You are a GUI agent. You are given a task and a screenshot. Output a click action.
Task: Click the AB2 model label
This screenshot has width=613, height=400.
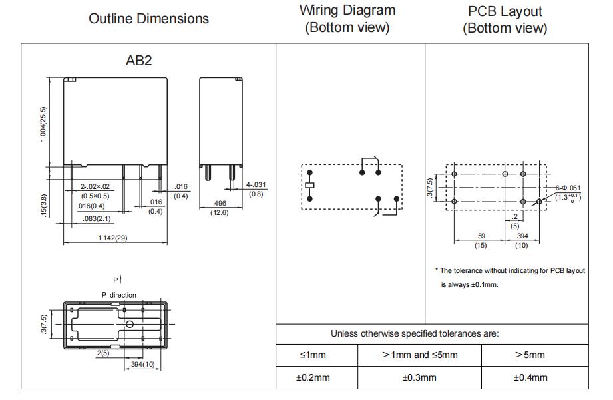coord(138,60)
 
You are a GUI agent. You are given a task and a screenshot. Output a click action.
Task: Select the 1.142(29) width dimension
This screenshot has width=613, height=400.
coord(112,238)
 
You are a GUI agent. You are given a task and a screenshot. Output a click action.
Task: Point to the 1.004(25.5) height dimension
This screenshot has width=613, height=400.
coord(43,124)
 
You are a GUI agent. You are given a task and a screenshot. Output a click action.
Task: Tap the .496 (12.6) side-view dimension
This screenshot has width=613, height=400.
coord(220,208)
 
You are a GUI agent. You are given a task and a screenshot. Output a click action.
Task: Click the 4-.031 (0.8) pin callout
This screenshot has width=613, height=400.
coord(256,189)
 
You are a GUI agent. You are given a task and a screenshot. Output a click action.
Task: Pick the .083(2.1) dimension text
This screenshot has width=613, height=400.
coord(97,218)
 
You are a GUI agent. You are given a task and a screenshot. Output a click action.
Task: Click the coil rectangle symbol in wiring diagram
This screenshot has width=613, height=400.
coord(310,185)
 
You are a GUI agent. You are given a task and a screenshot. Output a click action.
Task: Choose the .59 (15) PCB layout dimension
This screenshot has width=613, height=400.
coord(481,240)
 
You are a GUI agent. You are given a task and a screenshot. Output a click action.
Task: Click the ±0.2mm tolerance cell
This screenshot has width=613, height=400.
coord(313,378)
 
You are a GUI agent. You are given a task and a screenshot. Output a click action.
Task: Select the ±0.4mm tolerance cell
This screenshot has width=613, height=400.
coord(530,378)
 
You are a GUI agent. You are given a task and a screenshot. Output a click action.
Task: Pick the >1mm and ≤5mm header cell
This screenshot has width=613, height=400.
coord(419,355)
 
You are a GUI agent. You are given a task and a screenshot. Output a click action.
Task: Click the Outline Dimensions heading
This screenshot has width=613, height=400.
coord(148,19)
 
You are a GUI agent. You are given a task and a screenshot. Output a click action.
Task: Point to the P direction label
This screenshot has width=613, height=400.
coord(119,295)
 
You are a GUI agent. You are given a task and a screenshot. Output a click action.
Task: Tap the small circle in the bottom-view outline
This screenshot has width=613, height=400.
coord(130,324)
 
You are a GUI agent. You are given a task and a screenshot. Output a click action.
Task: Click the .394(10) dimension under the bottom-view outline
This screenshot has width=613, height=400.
coord(142,365)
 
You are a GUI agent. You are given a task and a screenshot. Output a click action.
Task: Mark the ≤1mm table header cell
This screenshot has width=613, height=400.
coord(313,355)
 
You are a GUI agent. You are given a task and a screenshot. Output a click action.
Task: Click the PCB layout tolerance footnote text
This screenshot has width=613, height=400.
coord(511,278)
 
